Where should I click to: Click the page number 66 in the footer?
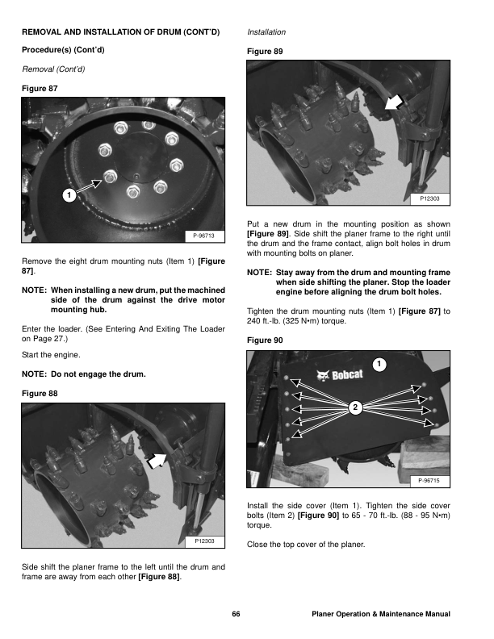pyautogui.click(x=236, y=615)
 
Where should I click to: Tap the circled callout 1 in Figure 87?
pyautogui.click(x=70, y=194)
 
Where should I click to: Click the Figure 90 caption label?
pyautogui.click(x=265, y=340)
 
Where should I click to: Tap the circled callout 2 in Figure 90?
pyautogui.click(x=354, y=406)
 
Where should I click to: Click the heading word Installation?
pyautogui.click(x=266, y=33)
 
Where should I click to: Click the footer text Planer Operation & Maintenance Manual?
pyautogui.click(x=380, y=615)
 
